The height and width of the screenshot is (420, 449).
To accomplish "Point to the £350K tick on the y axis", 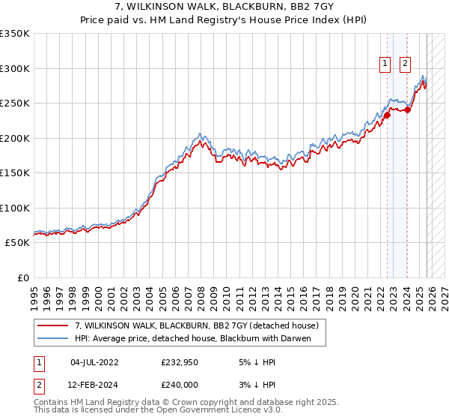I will tap(15, 34).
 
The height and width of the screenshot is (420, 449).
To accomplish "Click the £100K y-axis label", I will tap(15, 208).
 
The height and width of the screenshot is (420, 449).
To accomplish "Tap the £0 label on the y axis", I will tap(22, 277).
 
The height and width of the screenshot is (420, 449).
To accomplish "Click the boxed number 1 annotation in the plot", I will tap(385, 64).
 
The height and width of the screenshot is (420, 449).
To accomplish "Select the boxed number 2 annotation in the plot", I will tap(405, 64).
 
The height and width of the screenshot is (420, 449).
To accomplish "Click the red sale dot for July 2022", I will tap(387, 115).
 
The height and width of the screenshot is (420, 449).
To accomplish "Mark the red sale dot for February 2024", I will tap(408, 110).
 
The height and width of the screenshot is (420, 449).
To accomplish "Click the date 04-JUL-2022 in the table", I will tap(94, 361).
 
